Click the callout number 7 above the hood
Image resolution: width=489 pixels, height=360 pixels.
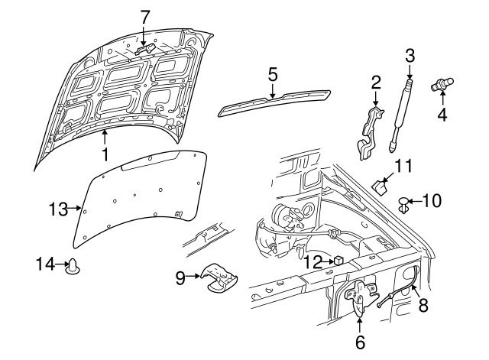pos(144,17)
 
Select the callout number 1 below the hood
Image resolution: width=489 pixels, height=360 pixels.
pos(105,154)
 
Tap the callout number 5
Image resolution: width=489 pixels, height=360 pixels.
pos(272,75)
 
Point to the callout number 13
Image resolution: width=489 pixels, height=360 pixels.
pos(58,209)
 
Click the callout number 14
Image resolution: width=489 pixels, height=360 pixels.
pos(46,264)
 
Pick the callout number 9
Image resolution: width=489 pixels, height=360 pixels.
pos(180,278)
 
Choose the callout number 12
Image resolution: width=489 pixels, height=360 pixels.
pos(313,262)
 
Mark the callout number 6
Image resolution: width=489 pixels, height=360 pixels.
pos(360,342)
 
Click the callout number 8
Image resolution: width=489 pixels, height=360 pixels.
pos(423,305)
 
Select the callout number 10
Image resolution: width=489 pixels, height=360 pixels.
pos(432,200)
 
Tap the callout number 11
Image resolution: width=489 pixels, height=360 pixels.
pos(404,166)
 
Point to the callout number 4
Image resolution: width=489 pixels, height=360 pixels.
pos(442,114)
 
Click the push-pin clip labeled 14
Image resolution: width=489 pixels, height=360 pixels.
pos(73,267)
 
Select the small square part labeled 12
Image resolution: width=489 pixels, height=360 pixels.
pos(338,261)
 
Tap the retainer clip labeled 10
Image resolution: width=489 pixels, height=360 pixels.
pos(404,205)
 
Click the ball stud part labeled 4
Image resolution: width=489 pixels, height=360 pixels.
pos(442,84)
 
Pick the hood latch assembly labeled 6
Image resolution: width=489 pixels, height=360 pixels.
pos(361,295)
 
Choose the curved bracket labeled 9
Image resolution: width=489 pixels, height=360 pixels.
pos(219,278)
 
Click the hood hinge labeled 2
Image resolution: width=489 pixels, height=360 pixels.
pos(370,132)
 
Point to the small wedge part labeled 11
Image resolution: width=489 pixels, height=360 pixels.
pos(380,187)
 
